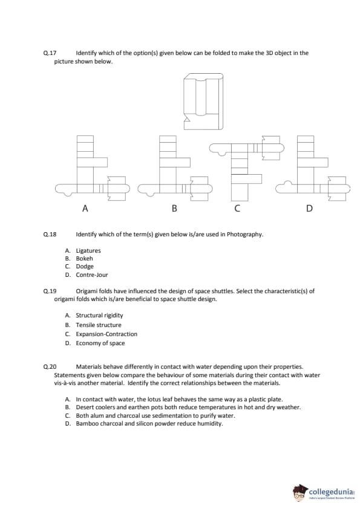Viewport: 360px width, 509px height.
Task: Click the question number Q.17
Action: pyautogui.click(x=50, y=53)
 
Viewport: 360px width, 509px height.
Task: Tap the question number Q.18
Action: pyautogui.click(x=50, y=235)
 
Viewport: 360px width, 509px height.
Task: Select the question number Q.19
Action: pyautogui.click(x=50, y=291)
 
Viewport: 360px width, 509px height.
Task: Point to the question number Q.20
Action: pyautogui.click(x=50, y=367)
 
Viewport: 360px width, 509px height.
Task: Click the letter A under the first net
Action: pyautogui.click(x=85, y=208)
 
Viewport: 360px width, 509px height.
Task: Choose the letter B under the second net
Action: pyautogui.click(x=174, y=208)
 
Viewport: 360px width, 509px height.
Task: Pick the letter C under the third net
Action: pyautogui.click(x=237, y=208)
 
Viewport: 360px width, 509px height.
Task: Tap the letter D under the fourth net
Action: pyautogui.click(x=309, y=208)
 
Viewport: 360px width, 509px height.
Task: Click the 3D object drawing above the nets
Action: pyautogui.click(x=203, y=102)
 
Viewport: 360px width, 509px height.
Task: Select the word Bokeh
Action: pyautogui.click(x=85, y=258)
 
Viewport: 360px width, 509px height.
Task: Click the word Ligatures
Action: pyautogui.click(x=88, y=251)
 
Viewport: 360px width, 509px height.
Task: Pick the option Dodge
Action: pyautogui.click(x=85, y=267)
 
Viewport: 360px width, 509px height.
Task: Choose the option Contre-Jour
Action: pyautogui.click(x=92, y=274)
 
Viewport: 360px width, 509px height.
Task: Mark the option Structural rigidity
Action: pyautogui.click(x=99, y=316)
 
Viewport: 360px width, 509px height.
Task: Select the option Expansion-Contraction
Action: pyautogui.click(x=106, y=334)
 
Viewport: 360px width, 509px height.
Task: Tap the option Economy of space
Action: pyautogui.click(x=100, y=343)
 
